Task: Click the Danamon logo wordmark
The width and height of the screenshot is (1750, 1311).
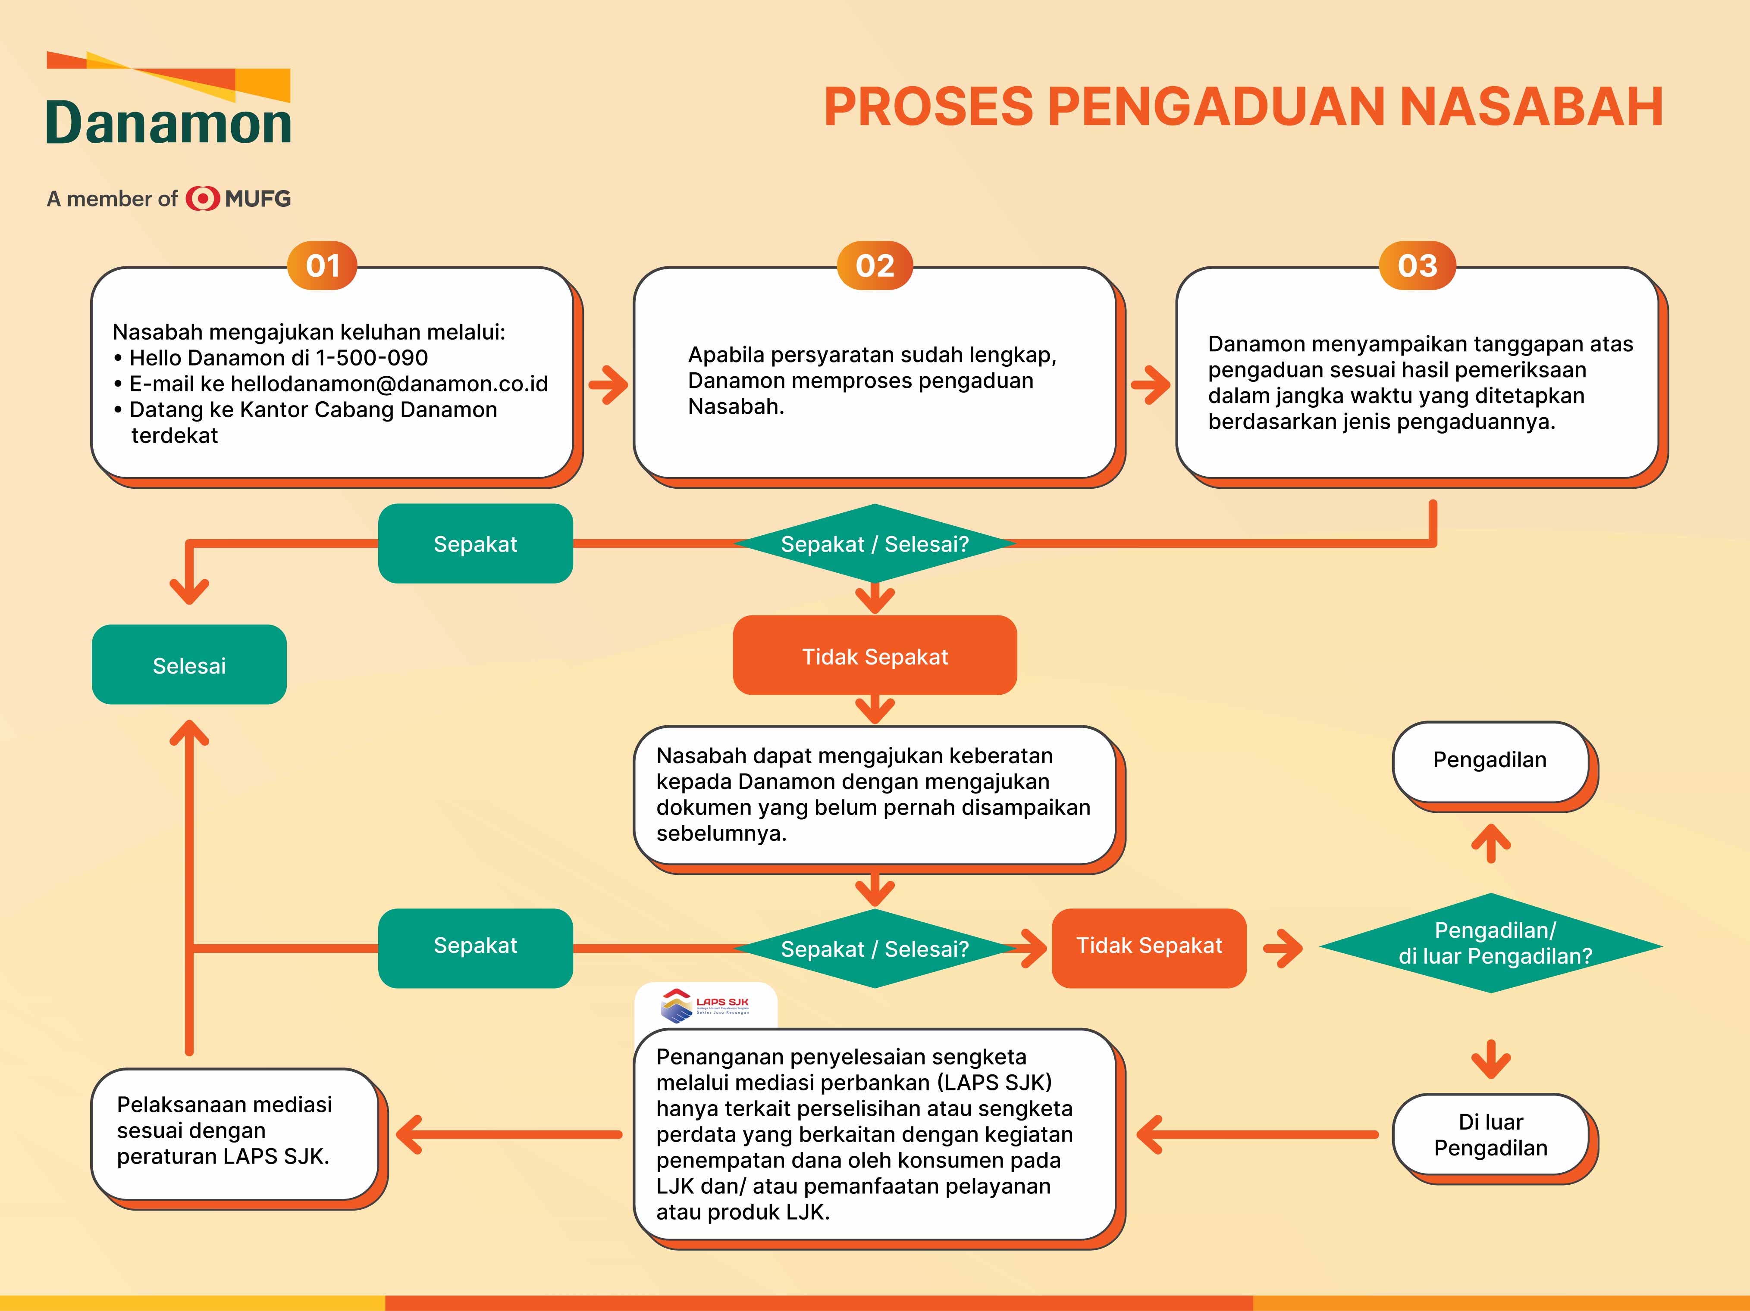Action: (x=169, y=122)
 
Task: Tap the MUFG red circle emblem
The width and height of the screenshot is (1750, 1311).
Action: (x=203, y=199)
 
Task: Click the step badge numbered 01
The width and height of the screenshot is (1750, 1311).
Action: (x=322, y=265)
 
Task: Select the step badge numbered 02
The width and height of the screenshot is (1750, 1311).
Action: (x=874, y=265)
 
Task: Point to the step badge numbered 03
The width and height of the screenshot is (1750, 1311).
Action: (x=1417, y=265)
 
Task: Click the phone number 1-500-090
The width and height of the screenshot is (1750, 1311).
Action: (x=372, y=358)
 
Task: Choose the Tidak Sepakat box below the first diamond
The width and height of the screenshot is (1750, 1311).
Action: (x=874, y=656)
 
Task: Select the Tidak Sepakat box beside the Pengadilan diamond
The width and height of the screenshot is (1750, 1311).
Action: (x=1149, y=946)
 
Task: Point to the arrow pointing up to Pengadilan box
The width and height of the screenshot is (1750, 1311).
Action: (x=1491, y=844)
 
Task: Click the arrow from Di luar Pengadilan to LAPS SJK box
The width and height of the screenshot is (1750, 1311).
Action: (x=1258, y=1135)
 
